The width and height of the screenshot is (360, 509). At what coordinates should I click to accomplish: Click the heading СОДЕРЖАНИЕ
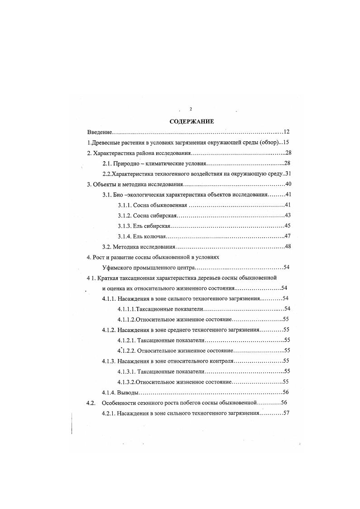click(x=188, y=121)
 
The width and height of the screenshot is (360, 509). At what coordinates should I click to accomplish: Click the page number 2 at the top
click(x=191, y=109)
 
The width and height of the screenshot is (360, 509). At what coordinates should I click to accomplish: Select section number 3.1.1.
click(x=124, y=205)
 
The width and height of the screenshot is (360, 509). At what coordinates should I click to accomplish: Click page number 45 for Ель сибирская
click(x=287, y=226)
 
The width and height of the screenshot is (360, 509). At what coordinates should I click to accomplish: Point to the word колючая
click(x=155, y=236)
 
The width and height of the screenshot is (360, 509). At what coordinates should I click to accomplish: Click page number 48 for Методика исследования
click(x=287, y=247)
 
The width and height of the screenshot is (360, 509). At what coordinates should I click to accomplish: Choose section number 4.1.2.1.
click(x=125, y=340)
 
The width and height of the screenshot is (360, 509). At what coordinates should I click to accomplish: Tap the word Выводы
click(x=128, y=392)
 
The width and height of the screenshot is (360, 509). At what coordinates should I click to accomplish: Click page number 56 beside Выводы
click(x=286, y=392)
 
